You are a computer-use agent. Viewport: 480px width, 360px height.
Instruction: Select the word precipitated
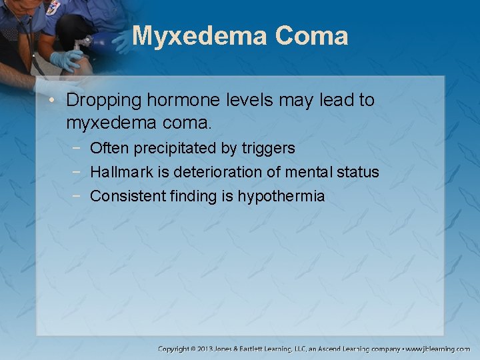[180, 148]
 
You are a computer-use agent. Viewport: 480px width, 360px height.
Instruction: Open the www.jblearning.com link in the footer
[438, 349]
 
